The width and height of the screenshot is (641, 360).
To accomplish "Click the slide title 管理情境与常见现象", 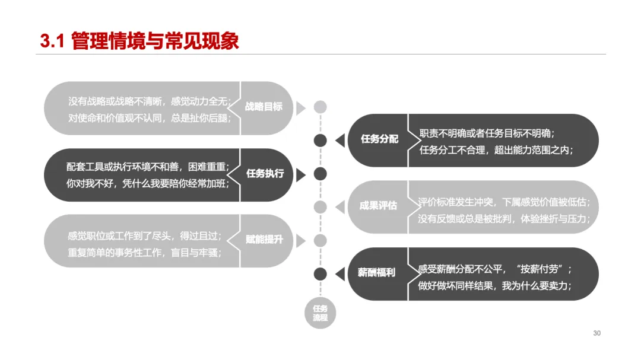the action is pos(155,41).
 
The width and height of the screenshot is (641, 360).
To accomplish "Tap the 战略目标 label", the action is pos(264,107).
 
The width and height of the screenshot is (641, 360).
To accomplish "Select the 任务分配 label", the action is pos(379,139).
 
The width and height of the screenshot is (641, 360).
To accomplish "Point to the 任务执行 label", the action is pos(265,174).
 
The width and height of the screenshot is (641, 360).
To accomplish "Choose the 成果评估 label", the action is pos(378,206).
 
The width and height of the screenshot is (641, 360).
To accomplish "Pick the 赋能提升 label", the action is pos(264,240).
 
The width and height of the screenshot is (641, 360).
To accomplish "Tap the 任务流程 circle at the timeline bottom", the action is pos(320,313).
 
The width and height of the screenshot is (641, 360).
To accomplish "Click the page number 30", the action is pos(596,333).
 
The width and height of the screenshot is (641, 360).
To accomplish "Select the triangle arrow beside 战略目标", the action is pos(301,107).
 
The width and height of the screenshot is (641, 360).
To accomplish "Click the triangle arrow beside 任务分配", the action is pos(340,141).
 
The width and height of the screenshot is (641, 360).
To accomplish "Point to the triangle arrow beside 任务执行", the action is pos(301,174).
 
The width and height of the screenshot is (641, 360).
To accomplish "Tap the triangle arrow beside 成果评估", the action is pos(340,207).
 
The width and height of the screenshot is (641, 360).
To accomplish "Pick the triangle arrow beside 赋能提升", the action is pos(301,241).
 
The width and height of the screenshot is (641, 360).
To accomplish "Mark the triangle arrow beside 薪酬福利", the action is pos(340,273).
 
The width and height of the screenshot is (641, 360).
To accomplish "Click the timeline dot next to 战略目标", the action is pos(320,107).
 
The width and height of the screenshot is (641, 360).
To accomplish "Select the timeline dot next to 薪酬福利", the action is pos(320,273).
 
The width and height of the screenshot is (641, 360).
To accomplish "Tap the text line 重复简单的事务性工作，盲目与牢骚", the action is pos(145,252).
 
